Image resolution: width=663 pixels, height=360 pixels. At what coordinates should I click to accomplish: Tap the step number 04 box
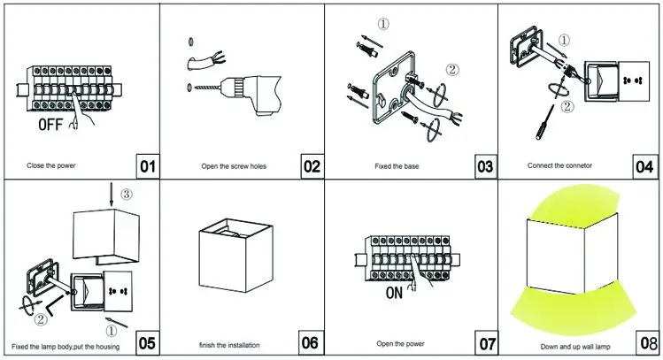pyautogui.click(x=644, y=165)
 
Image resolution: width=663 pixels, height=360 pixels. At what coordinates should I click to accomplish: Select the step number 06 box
pyautogui.click(x=311, y=342)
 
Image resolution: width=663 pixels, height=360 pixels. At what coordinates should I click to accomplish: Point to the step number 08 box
pyautogui.click(x=644, y=342)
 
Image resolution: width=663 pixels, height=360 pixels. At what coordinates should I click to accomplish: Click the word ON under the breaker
pyautogui.click(x=395, y=293)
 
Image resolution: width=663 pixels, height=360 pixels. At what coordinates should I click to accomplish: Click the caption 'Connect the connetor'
pyautogui.click(x=559, y=165)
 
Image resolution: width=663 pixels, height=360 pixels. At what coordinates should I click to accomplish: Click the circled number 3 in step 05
pyautogui.click(x=127, y=194)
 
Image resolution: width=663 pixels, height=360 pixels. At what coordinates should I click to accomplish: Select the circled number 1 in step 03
pyautogui.click(x=382, y=25)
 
